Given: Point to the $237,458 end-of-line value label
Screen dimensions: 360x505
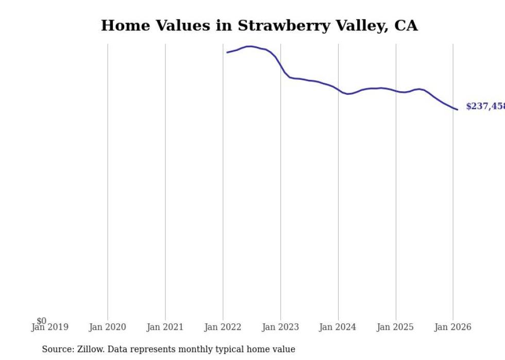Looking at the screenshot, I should coord(485,107).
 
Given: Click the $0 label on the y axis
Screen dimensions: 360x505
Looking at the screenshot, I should coord(41,321).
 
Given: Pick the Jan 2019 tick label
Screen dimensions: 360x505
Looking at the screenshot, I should coord(49,328).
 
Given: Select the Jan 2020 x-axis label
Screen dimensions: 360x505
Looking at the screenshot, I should coord(107,328).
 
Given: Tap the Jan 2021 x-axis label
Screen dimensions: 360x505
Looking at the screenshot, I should coord(165,328).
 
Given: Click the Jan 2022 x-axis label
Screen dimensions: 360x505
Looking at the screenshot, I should coord(223,328).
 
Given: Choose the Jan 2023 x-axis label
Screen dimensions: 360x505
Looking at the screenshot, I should coord(280,328).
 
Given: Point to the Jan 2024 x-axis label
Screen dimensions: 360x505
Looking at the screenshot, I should coord(338,328).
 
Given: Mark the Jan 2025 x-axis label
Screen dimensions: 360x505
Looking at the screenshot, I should coord(395,328).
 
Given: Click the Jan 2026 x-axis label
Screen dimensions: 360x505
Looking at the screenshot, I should coord(452,328).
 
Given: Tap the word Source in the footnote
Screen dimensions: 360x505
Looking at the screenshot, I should coord(57,349).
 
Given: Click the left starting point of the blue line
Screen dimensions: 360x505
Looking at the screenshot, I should coord(227,53).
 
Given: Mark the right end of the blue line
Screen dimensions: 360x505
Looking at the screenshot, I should coord(457,109).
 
